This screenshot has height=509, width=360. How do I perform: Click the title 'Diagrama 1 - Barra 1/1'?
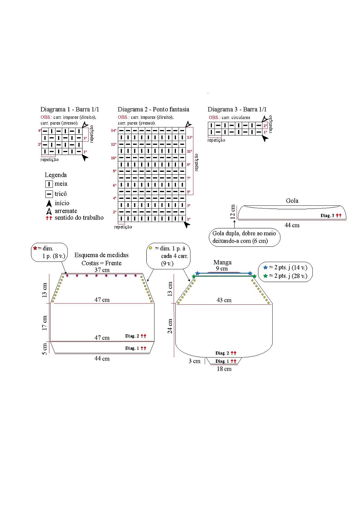point(70,110)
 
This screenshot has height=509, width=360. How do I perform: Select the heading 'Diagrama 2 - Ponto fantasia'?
point(153,110)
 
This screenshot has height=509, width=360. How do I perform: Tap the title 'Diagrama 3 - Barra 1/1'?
point(237,110)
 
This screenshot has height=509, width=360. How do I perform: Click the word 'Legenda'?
point(55,175)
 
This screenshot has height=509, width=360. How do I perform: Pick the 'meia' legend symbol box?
point(49,184)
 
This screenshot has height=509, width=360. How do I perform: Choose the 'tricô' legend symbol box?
point(49,194)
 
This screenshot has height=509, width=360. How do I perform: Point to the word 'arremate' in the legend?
point(66,211)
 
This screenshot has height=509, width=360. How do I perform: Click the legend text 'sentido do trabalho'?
point(79,218)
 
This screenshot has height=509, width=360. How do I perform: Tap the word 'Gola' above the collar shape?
point(292,201)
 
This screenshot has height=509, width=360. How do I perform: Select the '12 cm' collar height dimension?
point(233,211)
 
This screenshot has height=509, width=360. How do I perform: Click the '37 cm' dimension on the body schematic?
point(102,270)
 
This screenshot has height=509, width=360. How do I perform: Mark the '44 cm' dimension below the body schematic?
point(102,359)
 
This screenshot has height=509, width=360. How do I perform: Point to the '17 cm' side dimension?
point(45,323)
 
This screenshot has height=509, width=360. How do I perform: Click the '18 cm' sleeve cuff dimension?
point(224,369)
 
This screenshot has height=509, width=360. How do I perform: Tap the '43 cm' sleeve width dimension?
point(224,300)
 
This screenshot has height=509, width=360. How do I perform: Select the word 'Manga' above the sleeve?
point(222,262)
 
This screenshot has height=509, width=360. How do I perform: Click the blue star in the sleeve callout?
point(266,267)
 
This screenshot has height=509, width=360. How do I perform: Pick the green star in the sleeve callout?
point(266,276)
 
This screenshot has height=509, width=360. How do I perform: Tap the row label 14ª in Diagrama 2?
point(114,130)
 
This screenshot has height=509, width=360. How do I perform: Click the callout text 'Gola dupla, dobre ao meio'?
point(244,233)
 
